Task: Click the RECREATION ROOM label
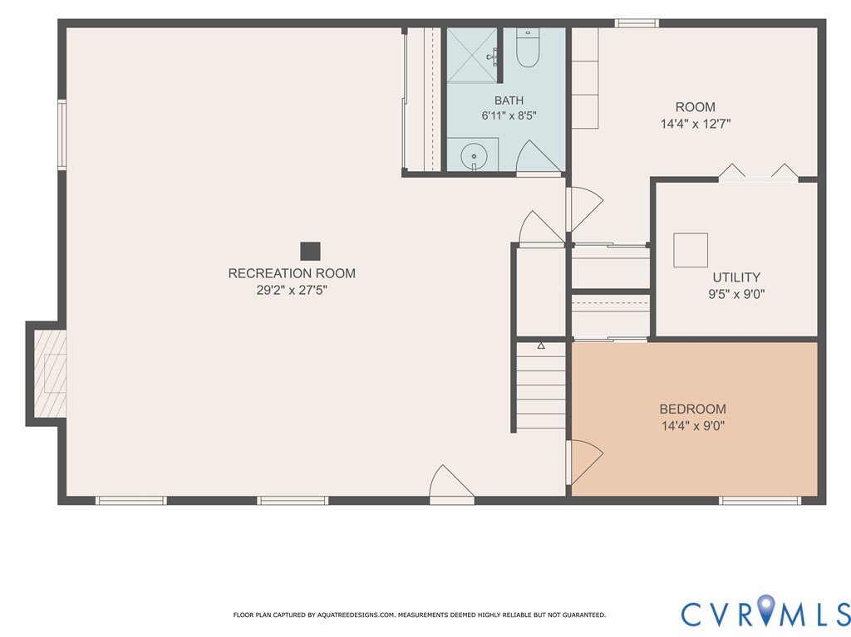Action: pos(292,273)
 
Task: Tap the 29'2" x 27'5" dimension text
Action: pos(292,291)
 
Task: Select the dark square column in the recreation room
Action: pos(311,251)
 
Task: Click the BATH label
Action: pos(509,100)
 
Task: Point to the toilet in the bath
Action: pos(527,48)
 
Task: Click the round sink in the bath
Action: pos(474,157)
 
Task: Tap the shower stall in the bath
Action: pos(472,56)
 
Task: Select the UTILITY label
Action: pos(736,277)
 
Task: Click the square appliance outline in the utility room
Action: pos(691,250)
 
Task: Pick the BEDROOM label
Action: pos(692,409)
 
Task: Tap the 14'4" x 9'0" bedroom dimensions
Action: pos(693,426)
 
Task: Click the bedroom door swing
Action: pos(585,463)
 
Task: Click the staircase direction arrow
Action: pos(541,345)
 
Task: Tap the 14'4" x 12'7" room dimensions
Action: pos(696,124)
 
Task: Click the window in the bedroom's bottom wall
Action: pos(760,500)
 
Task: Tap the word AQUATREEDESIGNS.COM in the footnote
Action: pos(356,615)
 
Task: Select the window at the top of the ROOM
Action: pos(637,23)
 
